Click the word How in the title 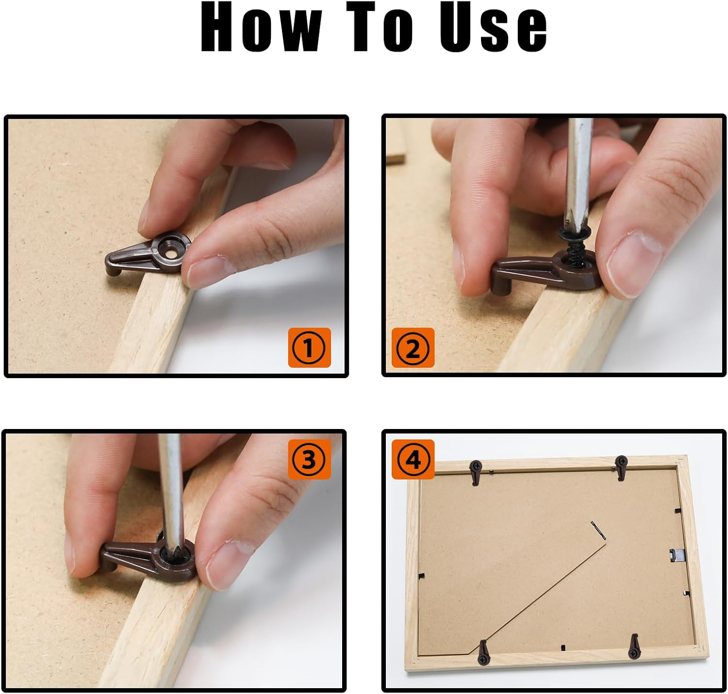[262, 27]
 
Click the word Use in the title [493, 27]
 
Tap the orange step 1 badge [309, 347]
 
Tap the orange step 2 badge [413, 347]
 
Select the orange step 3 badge [309, 459]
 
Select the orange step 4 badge [413, 459]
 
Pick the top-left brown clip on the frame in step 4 [476, 472]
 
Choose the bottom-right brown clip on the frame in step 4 [634, 647]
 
